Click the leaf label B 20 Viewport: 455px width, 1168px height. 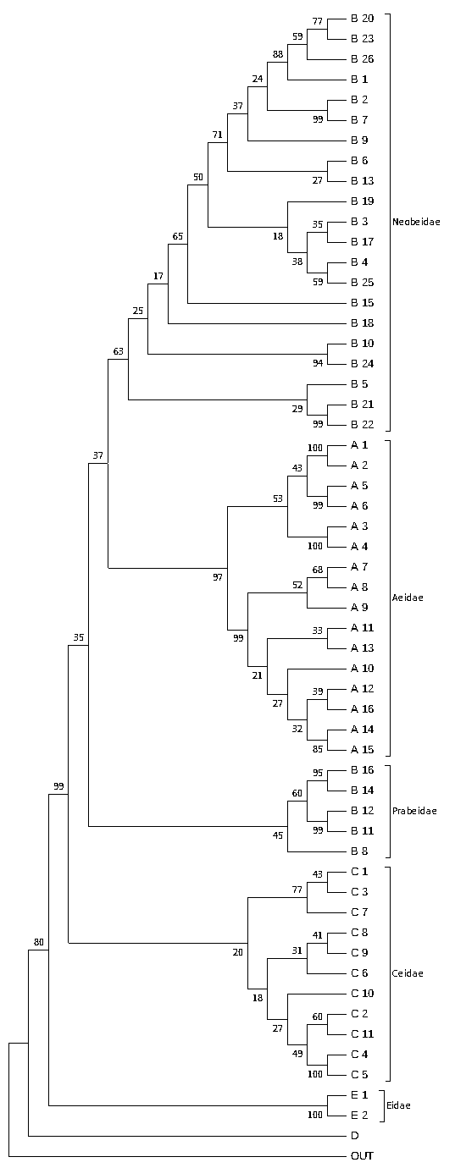coord(362,19)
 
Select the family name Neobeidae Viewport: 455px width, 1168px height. coord(416,222)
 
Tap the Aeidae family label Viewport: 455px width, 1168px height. coord(408,598)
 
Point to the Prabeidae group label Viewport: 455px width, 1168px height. coord(414,811)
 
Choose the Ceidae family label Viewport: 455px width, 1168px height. coord(408,973)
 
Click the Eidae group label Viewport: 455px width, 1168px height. coord(398,1105)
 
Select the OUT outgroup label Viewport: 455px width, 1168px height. coord(362,1155)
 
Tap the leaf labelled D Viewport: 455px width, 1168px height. coord(355,1135)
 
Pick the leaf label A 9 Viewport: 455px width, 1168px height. coord(359,608)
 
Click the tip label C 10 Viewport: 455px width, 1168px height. coord(362,994)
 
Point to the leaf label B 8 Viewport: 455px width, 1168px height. coord(359,851)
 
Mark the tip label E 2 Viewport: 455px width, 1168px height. coord(359,1116)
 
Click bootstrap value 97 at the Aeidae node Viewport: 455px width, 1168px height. coord(217,577)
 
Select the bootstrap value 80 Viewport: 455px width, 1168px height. coord(39,942)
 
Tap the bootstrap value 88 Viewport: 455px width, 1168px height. coord(277,54)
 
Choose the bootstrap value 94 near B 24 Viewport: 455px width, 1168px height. coord(318,363)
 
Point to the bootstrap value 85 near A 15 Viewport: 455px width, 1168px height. coord(318,749)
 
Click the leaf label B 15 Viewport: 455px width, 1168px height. coord(362,303)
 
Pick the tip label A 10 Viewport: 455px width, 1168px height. coord(362,669)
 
